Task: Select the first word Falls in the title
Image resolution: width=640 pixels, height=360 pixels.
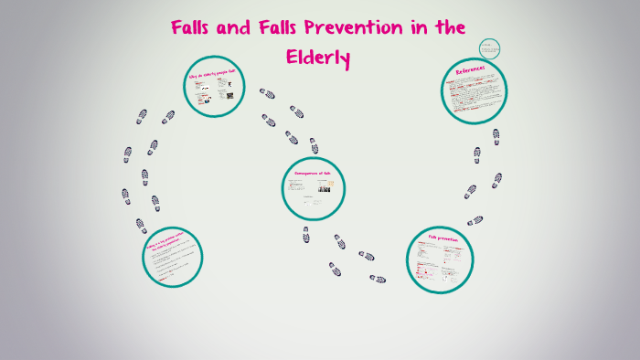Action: [x=197, y=27]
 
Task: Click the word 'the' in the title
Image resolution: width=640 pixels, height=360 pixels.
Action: [x=449, y=27]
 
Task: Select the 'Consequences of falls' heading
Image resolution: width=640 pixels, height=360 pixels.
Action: [x=312, y=173]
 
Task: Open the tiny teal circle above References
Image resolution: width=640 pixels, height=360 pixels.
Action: [x=490, y=49]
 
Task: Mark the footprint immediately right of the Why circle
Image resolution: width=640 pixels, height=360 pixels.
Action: [x=267, y=93]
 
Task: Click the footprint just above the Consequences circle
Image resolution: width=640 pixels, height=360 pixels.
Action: [x=314, y=145]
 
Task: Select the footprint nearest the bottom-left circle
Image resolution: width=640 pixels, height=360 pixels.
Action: [x=141, y=224]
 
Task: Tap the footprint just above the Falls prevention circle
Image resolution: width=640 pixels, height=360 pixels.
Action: [x=475, y=220]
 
